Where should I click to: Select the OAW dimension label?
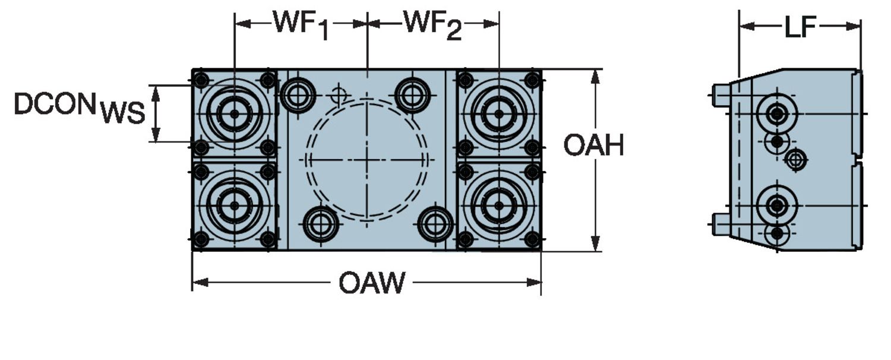pyautogui.click(x=372, y=283)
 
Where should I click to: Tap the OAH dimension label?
pyautogui.click(x=593, y=145)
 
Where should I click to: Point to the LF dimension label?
pyautogui.click(x=800, y=27)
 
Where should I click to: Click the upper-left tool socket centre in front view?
pyautogui.click(x=234, y=113)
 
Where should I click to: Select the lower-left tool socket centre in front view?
pyautogui.click(x=234, y=206)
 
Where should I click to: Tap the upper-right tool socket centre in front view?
pyautogui.click(x=498, y=113)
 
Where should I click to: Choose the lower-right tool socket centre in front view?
pyautogui.click(x=498, y=206)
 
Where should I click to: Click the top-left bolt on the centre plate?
pyautogui.click(x=298, y=94)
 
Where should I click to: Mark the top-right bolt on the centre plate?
pyautogui.click(x=412, y=94)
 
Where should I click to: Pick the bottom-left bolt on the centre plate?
pyautogui.click(x=321, y=224)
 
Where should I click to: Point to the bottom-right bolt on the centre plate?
pyautogui.click(x=435, y=224)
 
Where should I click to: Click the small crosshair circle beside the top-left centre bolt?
pyautogui.click(x=339, y=94)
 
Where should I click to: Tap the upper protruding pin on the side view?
pyautogui.click(x=721, y=95)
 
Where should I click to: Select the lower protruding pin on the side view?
pyautogui.click(x=721, y=224)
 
